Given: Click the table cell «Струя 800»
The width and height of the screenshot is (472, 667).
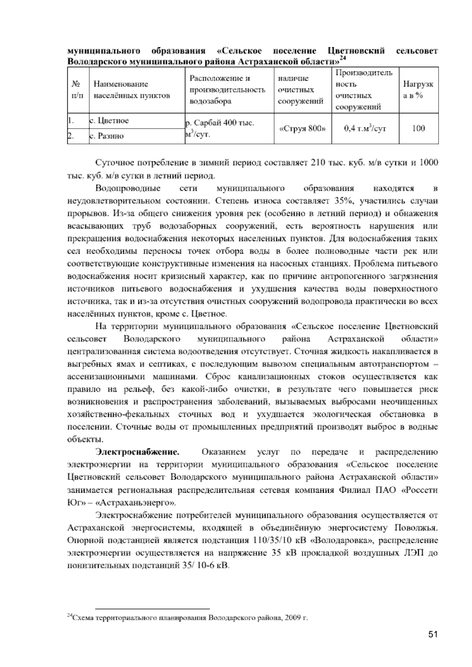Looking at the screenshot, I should click(302, 129).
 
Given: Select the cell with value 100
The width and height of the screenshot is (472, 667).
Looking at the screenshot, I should click(419, 129).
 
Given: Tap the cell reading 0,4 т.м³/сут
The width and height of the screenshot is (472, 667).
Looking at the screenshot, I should click(365, 129).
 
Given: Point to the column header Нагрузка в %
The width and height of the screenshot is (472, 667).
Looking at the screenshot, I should click(418, 90).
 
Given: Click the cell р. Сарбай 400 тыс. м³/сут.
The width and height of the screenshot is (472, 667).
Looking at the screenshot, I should click(220, 129).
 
